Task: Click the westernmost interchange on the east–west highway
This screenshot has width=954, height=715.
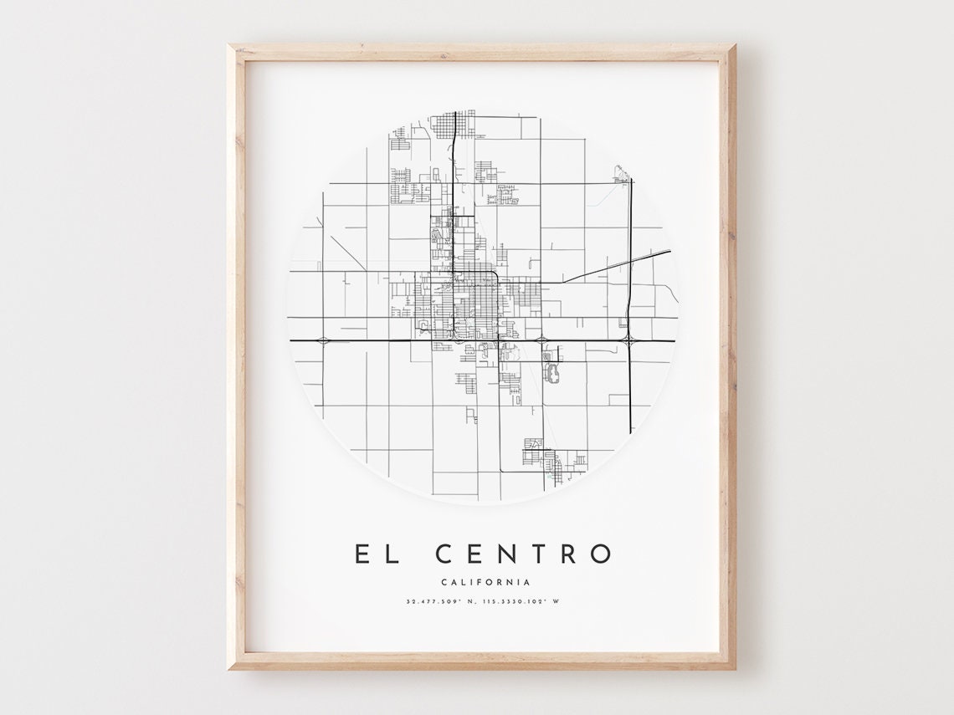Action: (x=322, y=340)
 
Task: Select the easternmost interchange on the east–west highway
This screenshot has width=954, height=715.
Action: (x=628, y=340)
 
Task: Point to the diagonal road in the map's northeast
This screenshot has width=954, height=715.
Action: (x=619, y=264)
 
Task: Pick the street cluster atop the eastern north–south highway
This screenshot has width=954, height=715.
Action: (x=621, y=173)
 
